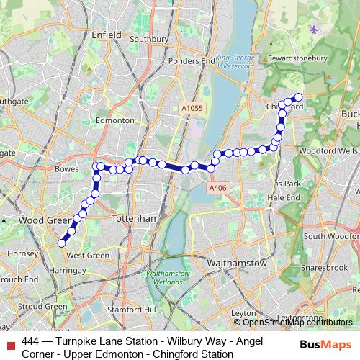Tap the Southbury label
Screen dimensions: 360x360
(148, 39)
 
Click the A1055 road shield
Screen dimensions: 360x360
(192, 108)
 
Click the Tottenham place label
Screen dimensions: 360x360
(135, 217)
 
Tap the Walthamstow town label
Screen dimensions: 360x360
(236, 264)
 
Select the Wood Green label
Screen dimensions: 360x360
(41, 220)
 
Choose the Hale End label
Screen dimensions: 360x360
(283, 197)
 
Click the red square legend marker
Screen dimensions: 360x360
(10, 347)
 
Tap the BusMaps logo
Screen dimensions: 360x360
(325, 346)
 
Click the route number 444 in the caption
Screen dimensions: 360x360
(30, 341)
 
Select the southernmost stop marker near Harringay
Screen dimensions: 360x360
(62, 243)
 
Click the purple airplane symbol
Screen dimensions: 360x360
(312, 29)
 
